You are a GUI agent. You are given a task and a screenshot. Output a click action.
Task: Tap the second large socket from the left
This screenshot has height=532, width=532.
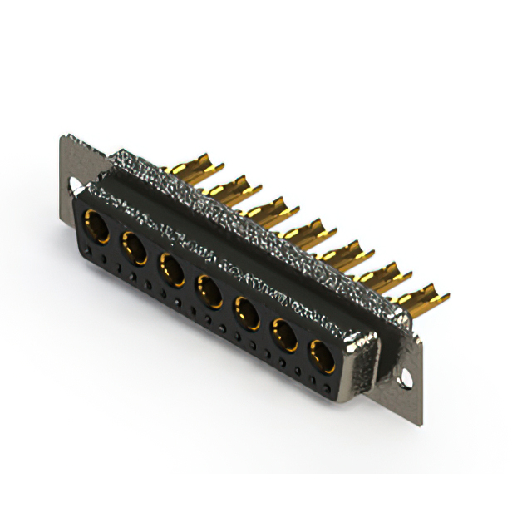coord(134,247)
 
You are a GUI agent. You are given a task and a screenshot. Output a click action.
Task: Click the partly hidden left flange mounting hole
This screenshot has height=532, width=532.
coord(74,185)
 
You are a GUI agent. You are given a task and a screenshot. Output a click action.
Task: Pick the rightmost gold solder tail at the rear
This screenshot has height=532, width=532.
coord(424,295)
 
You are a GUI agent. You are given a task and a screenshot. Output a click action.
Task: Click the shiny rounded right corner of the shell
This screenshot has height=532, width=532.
coord(364,341)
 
